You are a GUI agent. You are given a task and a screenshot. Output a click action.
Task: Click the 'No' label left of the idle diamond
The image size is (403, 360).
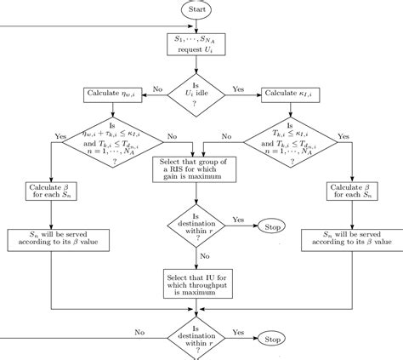click(x=158, y=89)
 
